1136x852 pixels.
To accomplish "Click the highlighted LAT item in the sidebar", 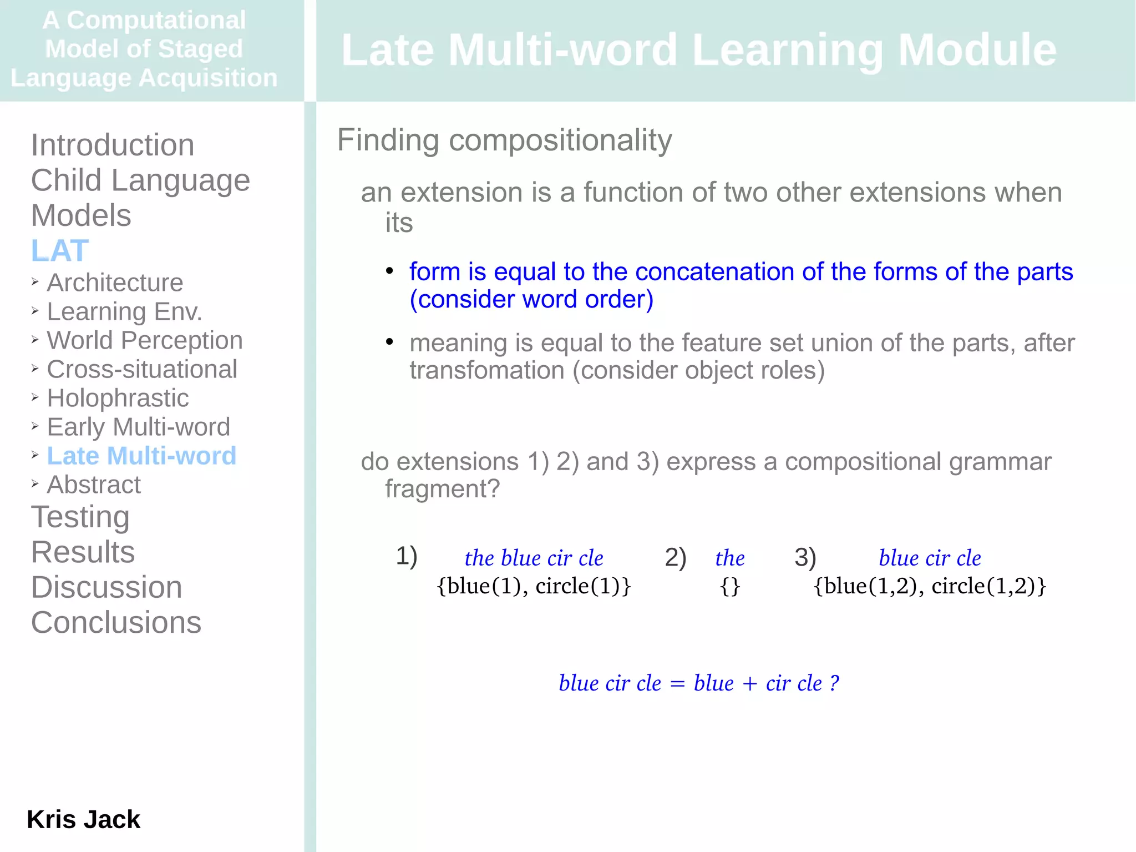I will (60, 251).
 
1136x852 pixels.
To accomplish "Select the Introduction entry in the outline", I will (113, 145).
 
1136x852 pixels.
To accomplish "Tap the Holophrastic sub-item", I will (118, 398).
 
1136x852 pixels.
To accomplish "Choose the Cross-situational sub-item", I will (142, 369).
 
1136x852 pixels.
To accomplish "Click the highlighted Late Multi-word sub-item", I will (141, 456).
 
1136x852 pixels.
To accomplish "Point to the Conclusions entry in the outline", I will (116, 622).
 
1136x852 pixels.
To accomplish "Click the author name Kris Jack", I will (83, 819).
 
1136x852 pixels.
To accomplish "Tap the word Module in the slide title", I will (977, 50).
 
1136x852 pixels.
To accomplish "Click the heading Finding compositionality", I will (504, 140).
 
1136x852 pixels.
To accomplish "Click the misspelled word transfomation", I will (486, 370).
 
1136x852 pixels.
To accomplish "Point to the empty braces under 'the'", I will (729, 586).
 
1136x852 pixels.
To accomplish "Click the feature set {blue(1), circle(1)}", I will (534, 586).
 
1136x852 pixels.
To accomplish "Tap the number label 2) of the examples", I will (675, 557).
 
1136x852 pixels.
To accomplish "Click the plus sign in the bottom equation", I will (749, 684).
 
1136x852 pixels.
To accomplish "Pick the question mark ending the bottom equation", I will (834, 683).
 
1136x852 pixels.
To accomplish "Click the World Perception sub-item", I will (145, 340).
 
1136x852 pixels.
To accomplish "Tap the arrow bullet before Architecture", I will (35, 282).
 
